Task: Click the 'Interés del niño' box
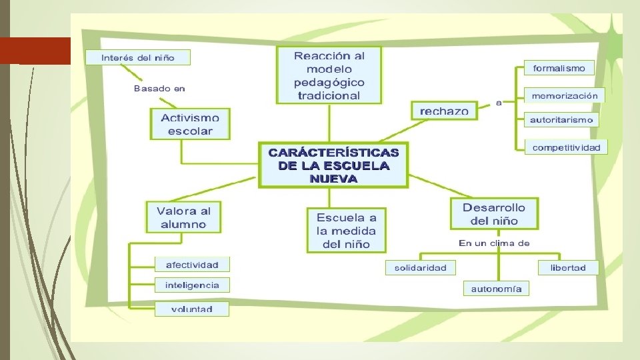pos(138,57)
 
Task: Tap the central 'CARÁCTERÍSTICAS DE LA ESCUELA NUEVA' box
pos(333,165)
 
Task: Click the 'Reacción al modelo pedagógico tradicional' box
pos(329,75)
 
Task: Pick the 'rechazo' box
pos(444,111)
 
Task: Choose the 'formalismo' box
pos(559,68)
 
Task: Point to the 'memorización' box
pos(564,95)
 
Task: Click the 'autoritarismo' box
pos(561,120)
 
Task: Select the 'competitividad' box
pos(566,147)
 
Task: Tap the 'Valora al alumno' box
pos(183,217)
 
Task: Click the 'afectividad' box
pos(192,265)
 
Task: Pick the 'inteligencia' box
pos(192,285)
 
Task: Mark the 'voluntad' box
pos(192,309)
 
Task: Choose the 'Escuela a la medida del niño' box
pos(346,231)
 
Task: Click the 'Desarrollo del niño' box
pos(494,214)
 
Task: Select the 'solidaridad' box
pos(420,267)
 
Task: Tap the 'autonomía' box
pos(496,289)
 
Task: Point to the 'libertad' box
pos(568,267)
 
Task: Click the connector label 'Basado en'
pos(159,88)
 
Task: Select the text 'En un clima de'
pos(494,243)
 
